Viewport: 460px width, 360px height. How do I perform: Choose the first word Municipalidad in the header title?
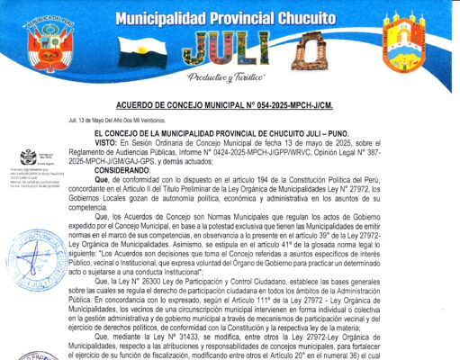pos(178,15)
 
